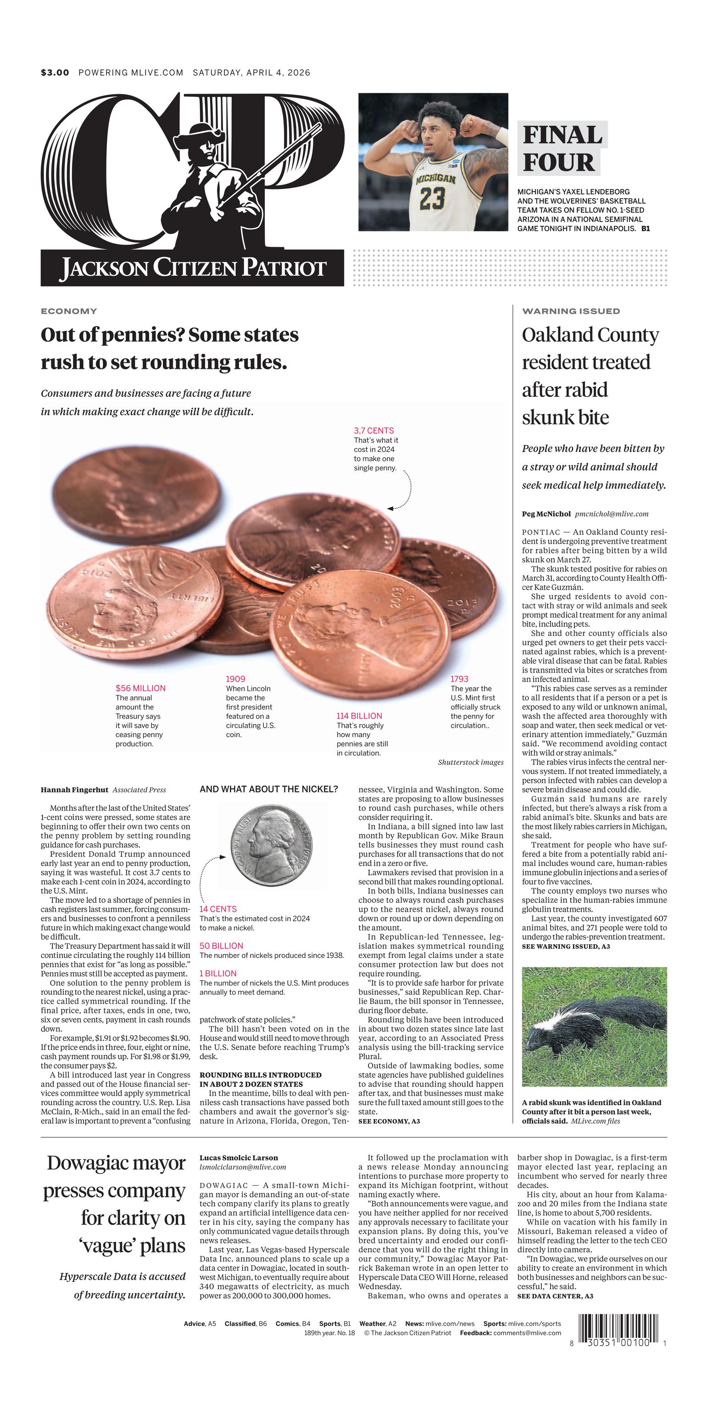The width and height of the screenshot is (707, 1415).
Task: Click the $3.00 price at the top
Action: [55, 72]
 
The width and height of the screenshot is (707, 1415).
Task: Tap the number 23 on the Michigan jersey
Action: [432, 198]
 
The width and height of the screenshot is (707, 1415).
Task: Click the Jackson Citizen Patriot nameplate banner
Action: [192, 268]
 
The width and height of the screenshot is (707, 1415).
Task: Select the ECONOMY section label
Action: [69, 311]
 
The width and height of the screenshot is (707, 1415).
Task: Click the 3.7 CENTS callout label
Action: [373, 431]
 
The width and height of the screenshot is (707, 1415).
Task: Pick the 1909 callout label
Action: [236, 679]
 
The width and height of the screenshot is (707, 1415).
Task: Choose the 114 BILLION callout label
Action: [359, 716]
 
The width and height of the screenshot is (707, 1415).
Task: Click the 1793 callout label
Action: [460, 679]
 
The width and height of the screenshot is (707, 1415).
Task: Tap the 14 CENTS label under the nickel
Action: [218, 909]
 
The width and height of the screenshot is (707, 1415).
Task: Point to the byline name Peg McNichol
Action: [546, 514]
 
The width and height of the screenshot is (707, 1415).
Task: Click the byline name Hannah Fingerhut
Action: [74, 790]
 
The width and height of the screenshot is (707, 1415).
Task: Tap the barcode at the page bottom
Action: [618, 1329]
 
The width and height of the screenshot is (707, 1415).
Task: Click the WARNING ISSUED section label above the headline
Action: [571, 311]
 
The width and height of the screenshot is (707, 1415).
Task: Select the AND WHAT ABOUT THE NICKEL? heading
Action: [269, 789]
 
